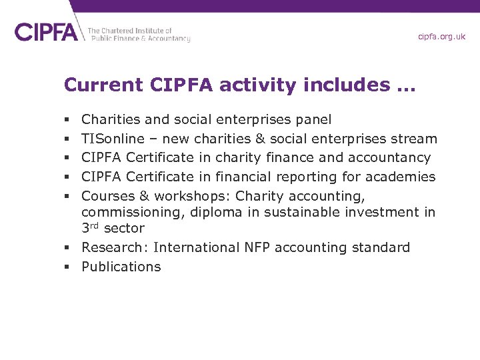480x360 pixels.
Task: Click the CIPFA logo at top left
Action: (46, 31)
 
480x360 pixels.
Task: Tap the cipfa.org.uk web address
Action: (441, 37)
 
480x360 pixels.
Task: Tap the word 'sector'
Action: (123, 229)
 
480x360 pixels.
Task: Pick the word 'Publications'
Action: (121, 267)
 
